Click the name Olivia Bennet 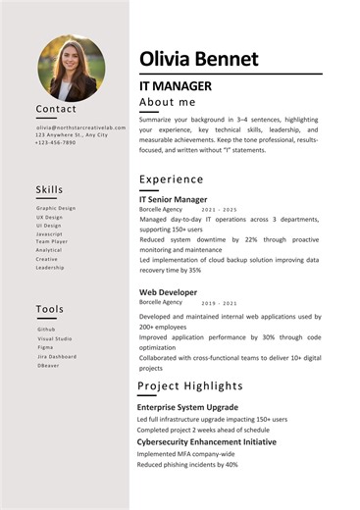(199, 59)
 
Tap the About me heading (168, 102)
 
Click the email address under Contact (81, 127)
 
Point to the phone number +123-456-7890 (55, 143)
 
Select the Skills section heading (49, 189)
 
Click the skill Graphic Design (56, 208)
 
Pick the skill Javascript (50, 234)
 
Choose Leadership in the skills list (50, 267)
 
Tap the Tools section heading (50, 309)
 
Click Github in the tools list (46, 329)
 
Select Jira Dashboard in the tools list (57, 356)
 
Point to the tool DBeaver (49, 365)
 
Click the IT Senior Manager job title (174, 199)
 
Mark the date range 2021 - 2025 (219, 210)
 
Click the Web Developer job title (169, 292)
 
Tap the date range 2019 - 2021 (219, 303)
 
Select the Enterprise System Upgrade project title (187, 406)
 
